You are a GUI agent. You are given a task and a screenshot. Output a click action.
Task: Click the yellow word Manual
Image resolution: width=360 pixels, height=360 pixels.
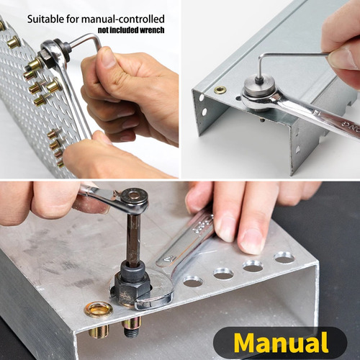tap(281, 342)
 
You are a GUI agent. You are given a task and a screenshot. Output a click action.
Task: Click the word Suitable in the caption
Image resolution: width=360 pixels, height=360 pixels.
tap(45, 19)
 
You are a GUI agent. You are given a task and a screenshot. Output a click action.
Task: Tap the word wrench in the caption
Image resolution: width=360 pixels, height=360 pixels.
tap(152, 30)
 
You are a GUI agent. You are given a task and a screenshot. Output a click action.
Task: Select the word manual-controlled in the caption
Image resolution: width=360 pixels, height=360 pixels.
tap(123, 19)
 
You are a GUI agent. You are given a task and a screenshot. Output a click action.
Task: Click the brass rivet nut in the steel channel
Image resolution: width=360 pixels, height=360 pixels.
tap(220, 90)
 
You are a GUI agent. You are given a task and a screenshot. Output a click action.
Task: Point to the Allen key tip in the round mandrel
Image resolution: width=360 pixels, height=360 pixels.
tap(258, 80)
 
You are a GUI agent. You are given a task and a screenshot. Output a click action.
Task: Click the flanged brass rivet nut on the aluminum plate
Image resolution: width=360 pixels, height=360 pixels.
tap(99, 310)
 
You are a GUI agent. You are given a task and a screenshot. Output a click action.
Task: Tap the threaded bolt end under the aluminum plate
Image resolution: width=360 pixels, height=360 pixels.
tap(130, 332)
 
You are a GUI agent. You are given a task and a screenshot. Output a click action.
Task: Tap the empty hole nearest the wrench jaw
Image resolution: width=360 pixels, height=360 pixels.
tap(193, 282)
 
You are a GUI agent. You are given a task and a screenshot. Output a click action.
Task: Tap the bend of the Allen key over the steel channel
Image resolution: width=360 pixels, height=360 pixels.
tap(261, 57)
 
